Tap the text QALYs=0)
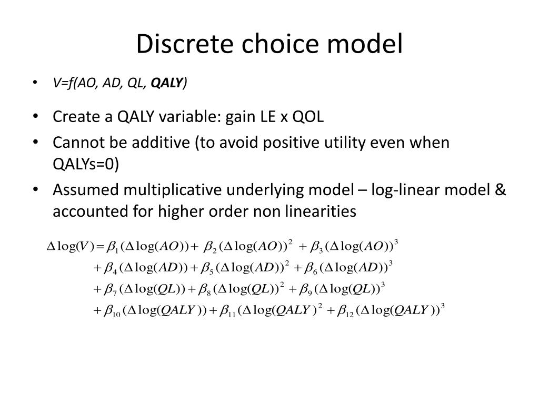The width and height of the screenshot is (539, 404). [86, 165]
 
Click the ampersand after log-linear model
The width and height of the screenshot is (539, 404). [501, 190]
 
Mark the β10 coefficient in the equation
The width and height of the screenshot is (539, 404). [112, 311]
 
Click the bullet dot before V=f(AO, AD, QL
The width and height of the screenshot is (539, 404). [35, 83]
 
